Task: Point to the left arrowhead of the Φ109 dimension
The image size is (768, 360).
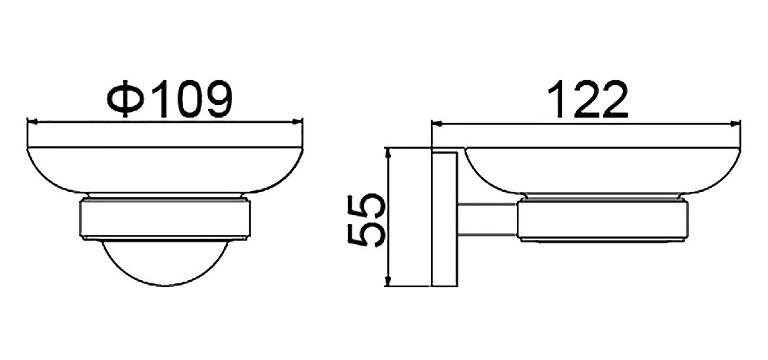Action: click(32, 121)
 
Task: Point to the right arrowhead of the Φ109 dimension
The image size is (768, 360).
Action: click(296, 121)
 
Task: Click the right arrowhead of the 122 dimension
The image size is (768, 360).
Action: click(735, 124)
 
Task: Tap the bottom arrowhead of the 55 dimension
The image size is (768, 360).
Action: click(388, 281)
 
